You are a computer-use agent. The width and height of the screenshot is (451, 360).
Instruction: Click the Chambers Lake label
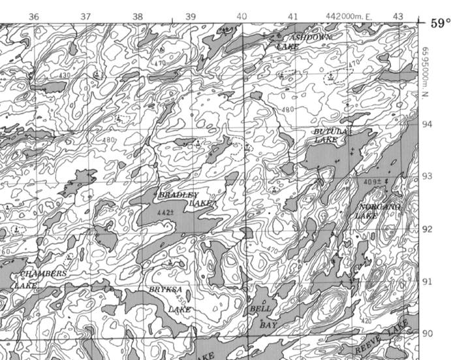pos(39,280)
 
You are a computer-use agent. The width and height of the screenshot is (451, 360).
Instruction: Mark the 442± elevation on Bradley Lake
pos(166,213)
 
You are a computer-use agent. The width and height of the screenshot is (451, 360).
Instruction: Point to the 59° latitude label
pos(440,24)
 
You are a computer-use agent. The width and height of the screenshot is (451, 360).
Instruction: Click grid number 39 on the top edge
pos(190,16)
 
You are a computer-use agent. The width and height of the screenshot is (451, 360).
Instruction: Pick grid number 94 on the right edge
pos(428,124)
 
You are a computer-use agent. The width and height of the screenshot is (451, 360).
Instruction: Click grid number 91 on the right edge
pos(428,282)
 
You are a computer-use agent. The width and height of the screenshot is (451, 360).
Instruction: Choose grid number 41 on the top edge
pos(293,16)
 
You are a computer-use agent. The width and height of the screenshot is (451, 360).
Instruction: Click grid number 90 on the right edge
pos(428,334)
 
